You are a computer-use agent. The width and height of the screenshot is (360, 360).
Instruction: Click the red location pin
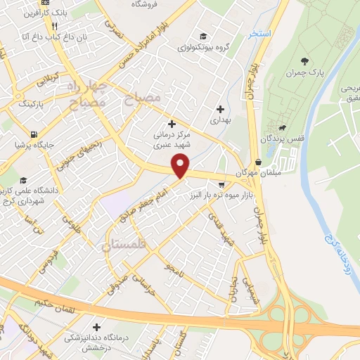coord(181,166)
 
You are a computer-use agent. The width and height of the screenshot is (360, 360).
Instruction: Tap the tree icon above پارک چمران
coord(304,62)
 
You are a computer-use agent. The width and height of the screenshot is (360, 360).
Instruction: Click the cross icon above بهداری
coord(221,109)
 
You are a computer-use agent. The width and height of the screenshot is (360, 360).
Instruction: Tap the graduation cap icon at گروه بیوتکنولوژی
coord(203,37)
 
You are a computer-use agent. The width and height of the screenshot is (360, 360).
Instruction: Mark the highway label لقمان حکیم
coord(53,302)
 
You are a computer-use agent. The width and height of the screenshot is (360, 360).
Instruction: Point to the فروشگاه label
coord(146,4)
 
